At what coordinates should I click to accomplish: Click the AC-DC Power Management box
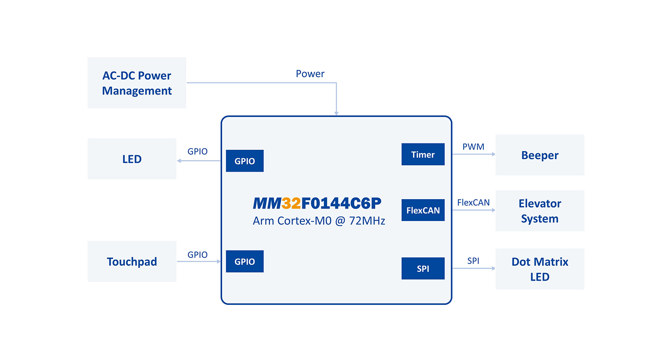137,83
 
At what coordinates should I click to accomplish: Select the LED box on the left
132,159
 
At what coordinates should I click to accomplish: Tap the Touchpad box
132,261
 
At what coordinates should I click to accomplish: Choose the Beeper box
539,155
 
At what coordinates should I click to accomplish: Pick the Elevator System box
539,211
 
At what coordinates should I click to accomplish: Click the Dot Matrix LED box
539,269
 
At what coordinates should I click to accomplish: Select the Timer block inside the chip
423,155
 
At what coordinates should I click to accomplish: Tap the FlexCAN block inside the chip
423,210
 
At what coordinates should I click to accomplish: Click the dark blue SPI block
423,269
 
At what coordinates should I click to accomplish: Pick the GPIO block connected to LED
245,161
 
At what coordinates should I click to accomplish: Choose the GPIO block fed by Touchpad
245,262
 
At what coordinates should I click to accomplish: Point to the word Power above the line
310,74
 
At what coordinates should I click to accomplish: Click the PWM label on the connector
473,147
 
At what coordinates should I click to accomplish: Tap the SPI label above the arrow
473,261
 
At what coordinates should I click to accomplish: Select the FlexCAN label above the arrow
473,203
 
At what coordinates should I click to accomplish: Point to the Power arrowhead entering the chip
336,114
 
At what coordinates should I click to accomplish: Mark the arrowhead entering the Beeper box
493,154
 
